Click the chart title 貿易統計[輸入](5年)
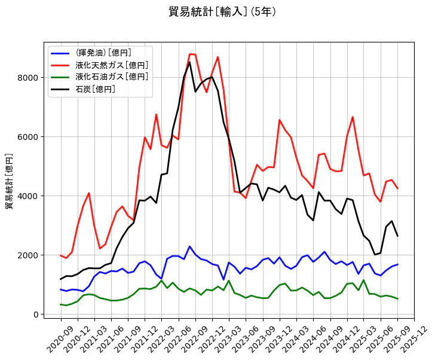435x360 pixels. pyautogui.click(x=222, y=12)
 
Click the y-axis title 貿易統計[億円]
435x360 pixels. pyautogui.click(x=10, y=181)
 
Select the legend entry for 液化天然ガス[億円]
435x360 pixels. pyautogui.click(x=112, y=65)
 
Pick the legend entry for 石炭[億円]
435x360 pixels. pyautogui.click(x=96, y=89)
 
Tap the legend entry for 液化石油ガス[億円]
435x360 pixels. pyautogui.click(x=112, y=77)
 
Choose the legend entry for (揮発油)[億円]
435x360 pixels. pyautogui.click(x=103, y=53)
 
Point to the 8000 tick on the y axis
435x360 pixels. pyautogui.click(x=29, y=78)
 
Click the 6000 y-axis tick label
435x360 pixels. pyautogui.click(x=29, y=137)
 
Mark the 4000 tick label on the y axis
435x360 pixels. pyautogui.click(x=29, y=196)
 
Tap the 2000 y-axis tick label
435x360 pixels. pyautogui.click(x=29, y=255)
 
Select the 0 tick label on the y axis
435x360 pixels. pyautogui.click(x=36, y=315)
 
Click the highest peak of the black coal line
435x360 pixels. pyautogui.click(x=190, y=62)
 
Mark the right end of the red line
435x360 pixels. pyautogui.click(x=397, y=188)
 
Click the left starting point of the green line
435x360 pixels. pyautogui.click(x=61, y=304)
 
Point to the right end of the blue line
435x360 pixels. pyautogui.click(x=397, y=264)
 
